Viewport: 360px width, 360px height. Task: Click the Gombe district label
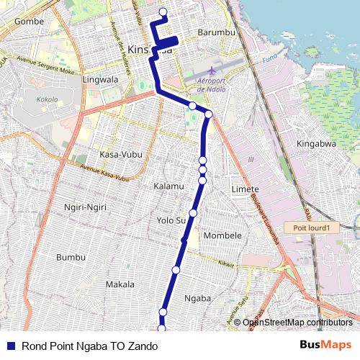(x=29, y=22)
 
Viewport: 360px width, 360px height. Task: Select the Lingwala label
(x=100, y=79)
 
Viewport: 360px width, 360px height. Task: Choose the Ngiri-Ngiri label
(x=85, y=207)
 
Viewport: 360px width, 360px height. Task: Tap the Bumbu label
(x=71, y=257)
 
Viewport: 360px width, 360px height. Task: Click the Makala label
(x=120, y=284)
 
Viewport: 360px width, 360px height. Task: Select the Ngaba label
(x=197, y=297)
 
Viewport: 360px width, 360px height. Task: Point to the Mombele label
(x=222, y=235)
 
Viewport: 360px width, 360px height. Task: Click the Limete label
(x=246, y=188)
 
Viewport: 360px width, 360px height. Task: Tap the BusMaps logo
(x=325, y=345)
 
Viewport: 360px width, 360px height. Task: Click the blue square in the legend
(x=10, y=346)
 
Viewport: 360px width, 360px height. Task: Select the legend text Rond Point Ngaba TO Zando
(x=89, y=346)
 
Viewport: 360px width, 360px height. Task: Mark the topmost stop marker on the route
(x=163, y=12)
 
